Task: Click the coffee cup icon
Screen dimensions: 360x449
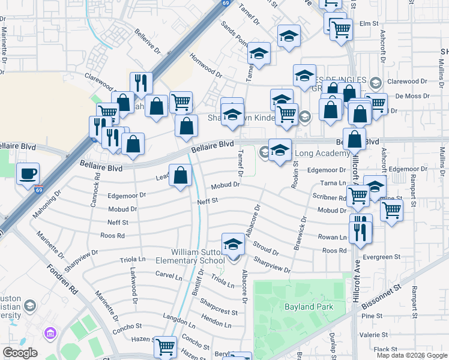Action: click(x=28, y=175)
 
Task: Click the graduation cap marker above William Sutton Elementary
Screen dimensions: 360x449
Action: click(x=234, y=245)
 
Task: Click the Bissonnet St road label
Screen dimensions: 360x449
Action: click(x=382, y=297)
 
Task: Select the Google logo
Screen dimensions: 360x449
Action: click(x=20, y=353)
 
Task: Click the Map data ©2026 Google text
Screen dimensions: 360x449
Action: click(x=411, y=355)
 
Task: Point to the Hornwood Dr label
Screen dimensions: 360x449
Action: click(x=206, y=68)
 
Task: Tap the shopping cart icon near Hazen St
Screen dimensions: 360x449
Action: click(x=165, y=346)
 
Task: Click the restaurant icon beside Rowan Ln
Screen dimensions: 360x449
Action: click(x=360, y=230)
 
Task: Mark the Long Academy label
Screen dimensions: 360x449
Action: click(x=323, y=154)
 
